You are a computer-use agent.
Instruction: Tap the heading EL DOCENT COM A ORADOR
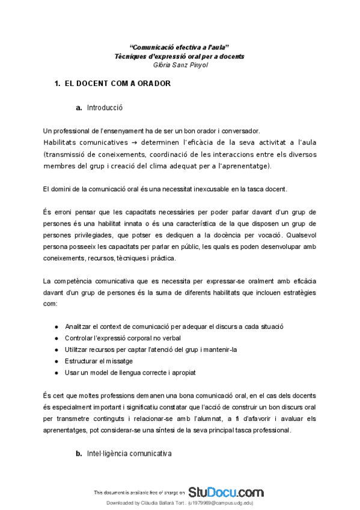point(117,84)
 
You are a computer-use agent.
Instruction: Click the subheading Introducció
point(105,108)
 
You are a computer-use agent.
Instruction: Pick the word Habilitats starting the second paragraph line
point(63,142)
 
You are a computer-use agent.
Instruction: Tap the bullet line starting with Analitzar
point(174,326)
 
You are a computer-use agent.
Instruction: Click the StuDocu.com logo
point(225,491)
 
